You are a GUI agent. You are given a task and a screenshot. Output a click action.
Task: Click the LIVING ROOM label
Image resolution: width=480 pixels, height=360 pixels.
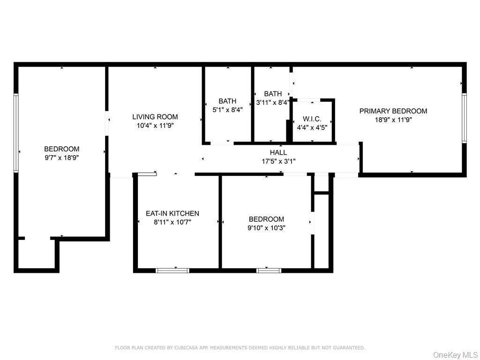[155, 117]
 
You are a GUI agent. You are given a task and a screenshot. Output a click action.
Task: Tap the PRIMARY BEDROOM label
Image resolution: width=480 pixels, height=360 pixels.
[393, 111]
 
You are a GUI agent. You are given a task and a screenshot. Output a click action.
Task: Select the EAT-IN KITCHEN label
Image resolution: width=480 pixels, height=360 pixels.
[172, 213]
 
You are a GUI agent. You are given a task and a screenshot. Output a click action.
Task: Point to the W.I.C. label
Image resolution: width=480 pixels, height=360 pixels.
[312, 119]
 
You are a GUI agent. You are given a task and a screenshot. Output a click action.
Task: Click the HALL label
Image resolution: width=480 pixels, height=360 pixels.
[278, 152]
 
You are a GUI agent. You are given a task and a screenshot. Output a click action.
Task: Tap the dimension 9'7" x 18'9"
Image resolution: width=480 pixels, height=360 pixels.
[61, 158]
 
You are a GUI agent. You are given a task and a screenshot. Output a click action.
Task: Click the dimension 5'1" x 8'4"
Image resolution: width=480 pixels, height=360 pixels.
[227, 110]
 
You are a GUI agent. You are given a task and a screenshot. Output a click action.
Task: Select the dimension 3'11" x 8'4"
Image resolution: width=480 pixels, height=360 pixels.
[273, 103]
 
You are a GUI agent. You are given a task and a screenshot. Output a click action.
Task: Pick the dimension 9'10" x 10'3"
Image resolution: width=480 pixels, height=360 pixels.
[266, 228]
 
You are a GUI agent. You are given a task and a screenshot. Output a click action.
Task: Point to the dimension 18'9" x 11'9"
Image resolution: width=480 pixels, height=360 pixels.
[393, 120]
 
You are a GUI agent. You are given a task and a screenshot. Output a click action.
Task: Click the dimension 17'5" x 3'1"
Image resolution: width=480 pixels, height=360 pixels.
[278, 161]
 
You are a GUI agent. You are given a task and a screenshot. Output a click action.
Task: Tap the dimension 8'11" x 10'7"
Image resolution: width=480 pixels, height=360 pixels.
[172, 222]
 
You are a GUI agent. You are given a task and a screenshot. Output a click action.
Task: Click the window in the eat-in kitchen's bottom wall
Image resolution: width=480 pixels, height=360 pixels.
[172, 270]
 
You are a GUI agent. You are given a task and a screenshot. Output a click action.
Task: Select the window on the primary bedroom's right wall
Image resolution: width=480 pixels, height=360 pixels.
[464, 118]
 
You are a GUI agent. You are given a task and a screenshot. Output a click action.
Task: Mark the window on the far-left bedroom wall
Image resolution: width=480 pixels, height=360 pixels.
[16, 133]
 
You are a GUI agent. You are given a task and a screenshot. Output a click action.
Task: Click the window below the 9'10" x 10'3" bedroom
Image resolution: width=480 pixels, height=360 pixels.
[269, 270]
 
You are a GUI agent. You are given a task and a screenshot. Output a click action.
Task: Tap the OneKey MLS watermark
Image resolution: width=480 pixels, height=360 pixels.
[456, 355]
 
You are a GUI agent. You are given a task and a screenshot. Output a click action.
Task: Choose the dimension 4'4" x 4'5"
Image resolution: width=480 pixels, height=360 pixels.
[312, 127]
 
